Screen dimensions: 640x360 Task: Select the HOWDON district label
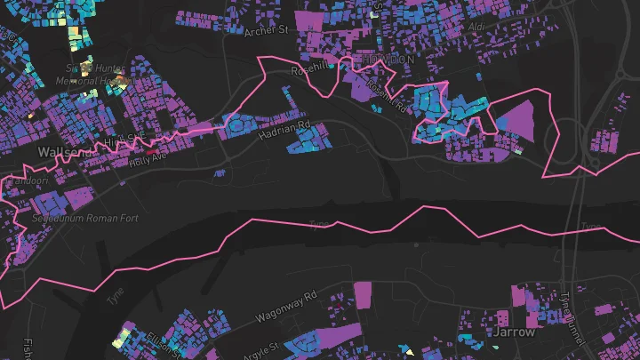coord(384,59)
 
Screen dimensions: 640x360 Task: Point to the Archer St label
coord(267,29)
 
